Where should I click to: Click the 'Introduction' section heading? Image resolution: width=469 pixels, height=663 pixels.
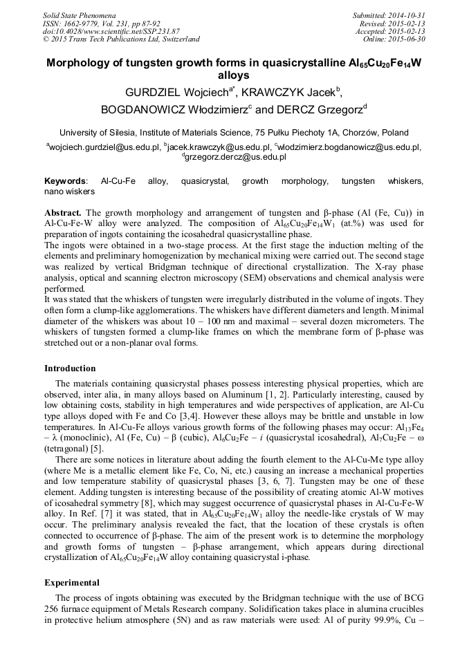pyautogui.click(x=70, y=368)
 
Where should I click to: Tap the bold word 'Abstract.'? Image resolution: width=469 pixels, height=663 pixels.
pyautogui.click(x=64, y=212)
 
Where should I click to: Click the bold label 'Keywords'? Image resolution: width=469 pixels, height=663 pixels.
pyautogui.click(x=66, y=180)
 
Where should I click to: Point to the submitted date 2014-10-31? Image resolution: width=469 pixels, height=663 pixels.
pyautogui.click(x=405, y=15)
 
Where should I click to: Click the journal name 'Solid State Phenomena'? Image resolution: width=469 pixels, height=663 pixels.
pyautogui.click(x=79, y=15)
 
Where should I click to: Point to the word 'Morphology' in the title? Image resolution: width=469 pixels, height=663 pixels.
pyautogui.click(x=82, y=63)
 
